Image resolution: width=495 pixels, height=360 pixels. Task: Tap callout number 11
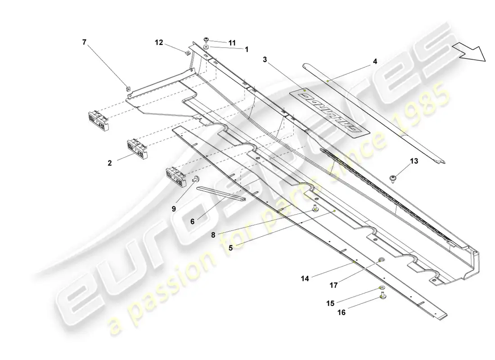(232, 43)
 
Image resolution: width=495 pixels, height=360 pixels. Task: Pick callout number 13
(414, 161)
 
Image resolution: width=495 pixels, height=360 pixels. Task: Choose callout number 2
(110, 164)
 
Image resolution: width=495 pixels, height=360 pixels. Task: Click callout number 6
(192, 222)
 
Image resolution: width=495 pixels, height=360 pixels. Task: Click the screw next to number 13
(394, 178)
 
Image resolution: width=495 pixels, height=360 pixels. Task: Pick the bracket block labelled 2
(137, 148)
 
